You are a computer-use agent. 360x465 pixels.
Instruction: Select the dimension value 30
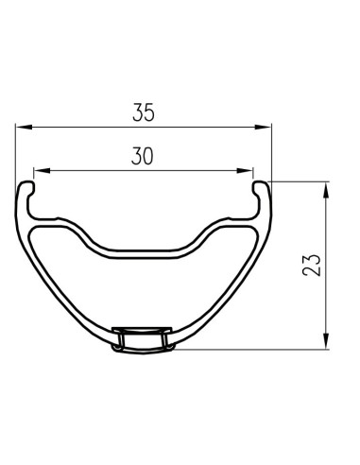pos(142,157)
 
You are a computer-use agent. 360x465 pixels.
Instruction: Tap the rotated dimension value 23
pos(314,264)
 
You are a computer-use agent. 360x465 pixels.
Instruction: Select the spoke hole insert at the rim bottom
pos(141,339)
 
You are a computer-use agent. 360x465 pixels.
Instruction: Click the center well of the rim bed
pos(142,252)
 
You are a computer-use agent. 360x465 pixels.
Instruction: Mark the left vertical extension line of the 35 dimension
pos(17,151)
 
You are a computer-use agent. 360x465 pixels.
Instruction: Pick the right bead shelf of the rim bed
pos(231,223)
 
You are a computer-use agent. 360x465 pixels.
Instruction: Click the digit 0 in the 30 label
pos(149,157)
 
